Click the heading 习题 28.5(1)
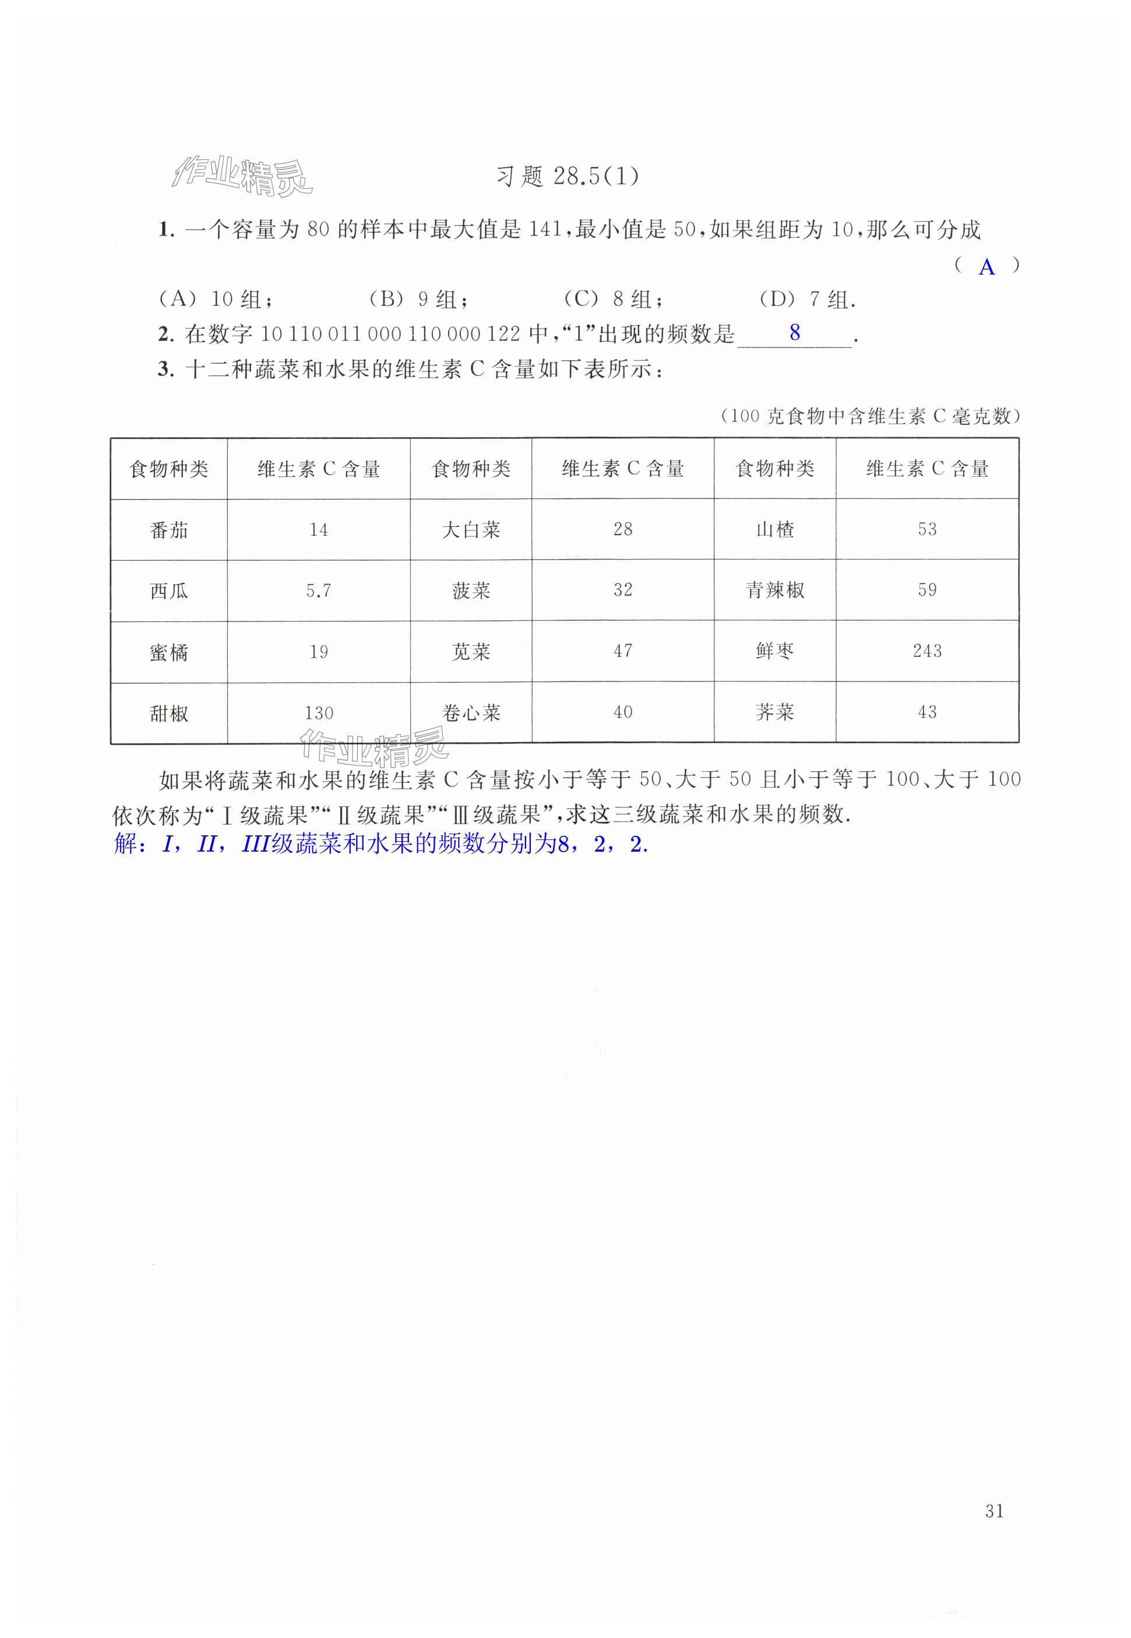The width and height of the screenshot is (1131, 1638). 567,176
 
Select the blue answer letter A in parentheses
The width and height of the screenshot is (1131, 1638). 986,267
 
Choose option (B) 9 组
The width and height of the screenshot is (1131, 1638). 418,299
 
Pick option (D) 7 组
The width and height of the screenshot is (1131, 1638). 807,299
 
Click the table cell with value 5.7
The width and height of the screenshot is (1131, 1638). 318,590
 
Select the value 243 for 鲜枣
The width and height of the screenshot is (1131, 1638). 927,651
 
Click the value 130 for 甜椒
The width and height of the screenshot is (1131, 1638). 318,713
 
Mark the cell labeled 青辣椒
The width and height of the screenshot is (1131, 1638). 774,590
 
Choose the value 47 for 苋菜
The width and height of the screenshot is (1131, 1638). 622,651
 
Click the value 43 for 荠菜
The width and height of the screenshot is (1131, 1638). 927,712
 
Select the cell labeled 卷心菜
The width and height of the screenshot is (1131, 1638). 471,712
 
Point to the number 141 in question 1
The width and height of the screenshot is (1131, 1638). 545,230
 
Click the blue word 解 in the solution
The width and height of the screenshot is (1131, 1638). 125,844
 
